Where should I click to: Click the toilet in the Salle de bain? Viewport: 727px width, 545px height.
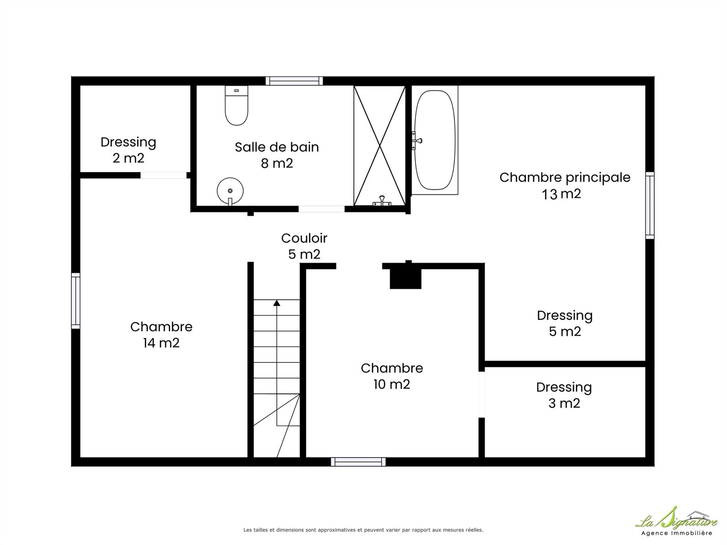point(236,105)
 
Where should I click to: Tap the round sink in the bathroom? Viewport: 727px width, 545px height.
point(230,191)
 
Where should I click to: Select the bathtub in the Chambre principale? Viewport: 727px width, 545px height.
point(435,140)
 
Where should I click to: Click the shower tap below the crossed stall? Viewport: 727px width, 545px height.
point(382,201)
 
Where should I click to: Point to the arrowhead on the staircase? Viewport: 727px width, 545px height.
point(276,303)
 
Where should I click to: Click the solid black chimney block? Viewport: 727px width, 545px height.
point(405,277)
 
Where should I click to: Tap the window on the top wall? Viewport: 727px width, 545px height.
point(294,81)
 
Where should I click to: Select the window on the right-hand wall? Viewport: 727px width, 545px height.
point(650,205)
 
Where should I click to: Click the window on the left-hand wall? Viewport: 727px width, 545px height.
point(76,301)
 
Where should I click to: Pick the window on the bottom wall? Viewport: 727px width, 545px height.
point(358,462)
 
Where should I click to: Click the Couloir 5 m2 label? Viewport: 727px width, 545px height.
point(304,246)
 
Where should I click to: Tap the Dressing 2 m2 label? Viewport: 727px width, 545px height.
point(128,150)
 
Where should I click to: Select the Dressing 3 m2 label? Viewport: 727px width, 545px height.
point(564,395)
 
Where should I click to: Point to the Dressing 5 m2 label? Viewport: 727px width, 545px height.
point(565,323)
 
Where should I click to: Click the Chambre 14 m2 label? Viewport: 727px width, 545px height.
point(161,335)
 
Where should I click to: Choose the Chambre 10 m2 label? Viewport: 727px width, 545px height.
point(392,376)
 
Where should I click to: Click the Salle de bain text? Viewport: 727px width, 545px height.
point(277,147)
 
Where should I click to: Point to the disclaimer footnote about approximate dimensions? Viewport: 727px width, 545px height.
point(363,530)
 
